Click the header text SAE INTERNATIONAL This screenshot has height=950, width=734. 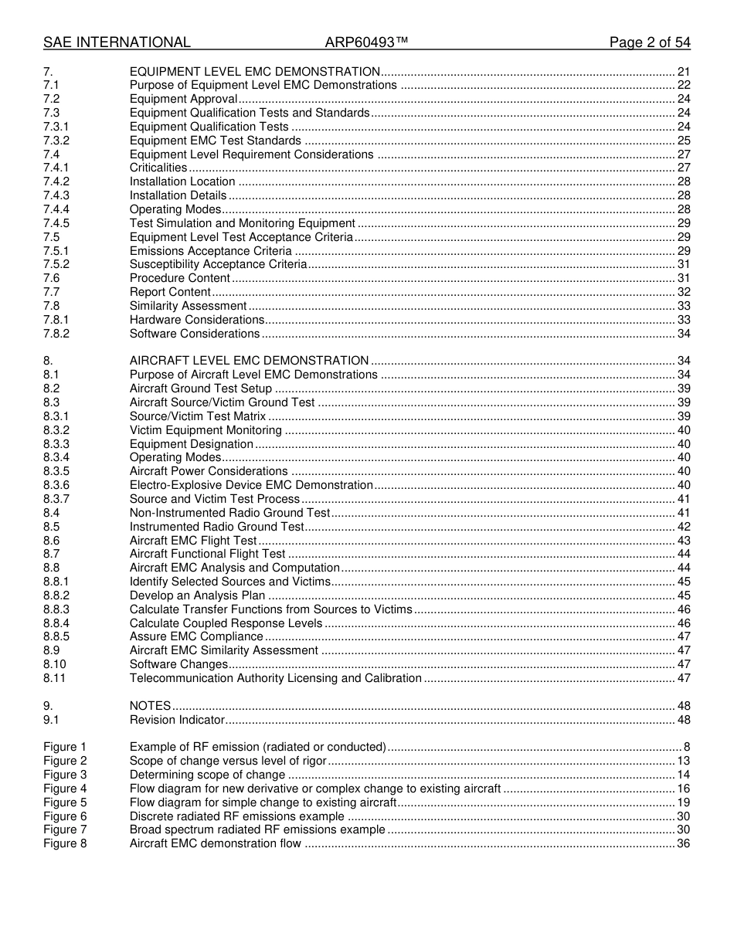[x=117, y=42]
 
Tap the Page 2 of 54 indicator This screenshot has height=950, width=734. [x=649, y=42]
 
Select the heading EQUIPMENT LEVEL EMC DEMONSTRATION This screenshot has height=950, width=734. [x=254, y=72]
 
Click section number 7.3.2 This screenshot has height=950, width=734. [x=56, y=141]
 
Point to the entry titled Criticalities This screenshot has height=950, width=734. [x=158, y=168]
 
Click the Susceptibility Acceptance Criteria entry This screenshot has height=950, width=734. [x=218, y=264]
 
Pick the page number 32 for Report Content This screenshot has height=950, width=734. [x=683, y=292]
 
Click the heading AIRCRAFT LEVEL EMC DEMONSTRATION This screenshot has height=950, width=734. [x=249, y=361]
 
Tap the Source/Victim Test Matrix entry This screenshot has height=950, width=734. [x=198, y=416]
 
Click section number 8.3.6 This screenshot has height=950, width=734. [x=56, y=485]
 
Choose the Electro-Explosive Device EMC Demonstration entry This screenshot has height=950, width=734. [x=251, y=485]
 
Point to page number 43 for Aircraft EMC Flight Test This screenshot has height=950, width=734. [x=683, y=541]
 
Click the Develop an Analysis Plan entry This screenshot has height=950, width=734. [x=197, y=595]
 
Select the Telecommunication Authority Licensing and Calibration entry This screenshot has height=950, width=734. [x=275, y=678]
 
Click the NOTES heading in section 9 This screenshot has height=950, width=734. [x=150, y=706]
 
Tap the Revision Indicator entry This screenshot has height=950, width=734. [x=177, y=720]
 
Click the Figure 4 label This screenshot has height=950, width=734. [x=65, y=789]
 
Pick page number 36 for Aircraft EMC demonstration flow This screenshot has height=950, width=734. [x=683, y=843]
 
